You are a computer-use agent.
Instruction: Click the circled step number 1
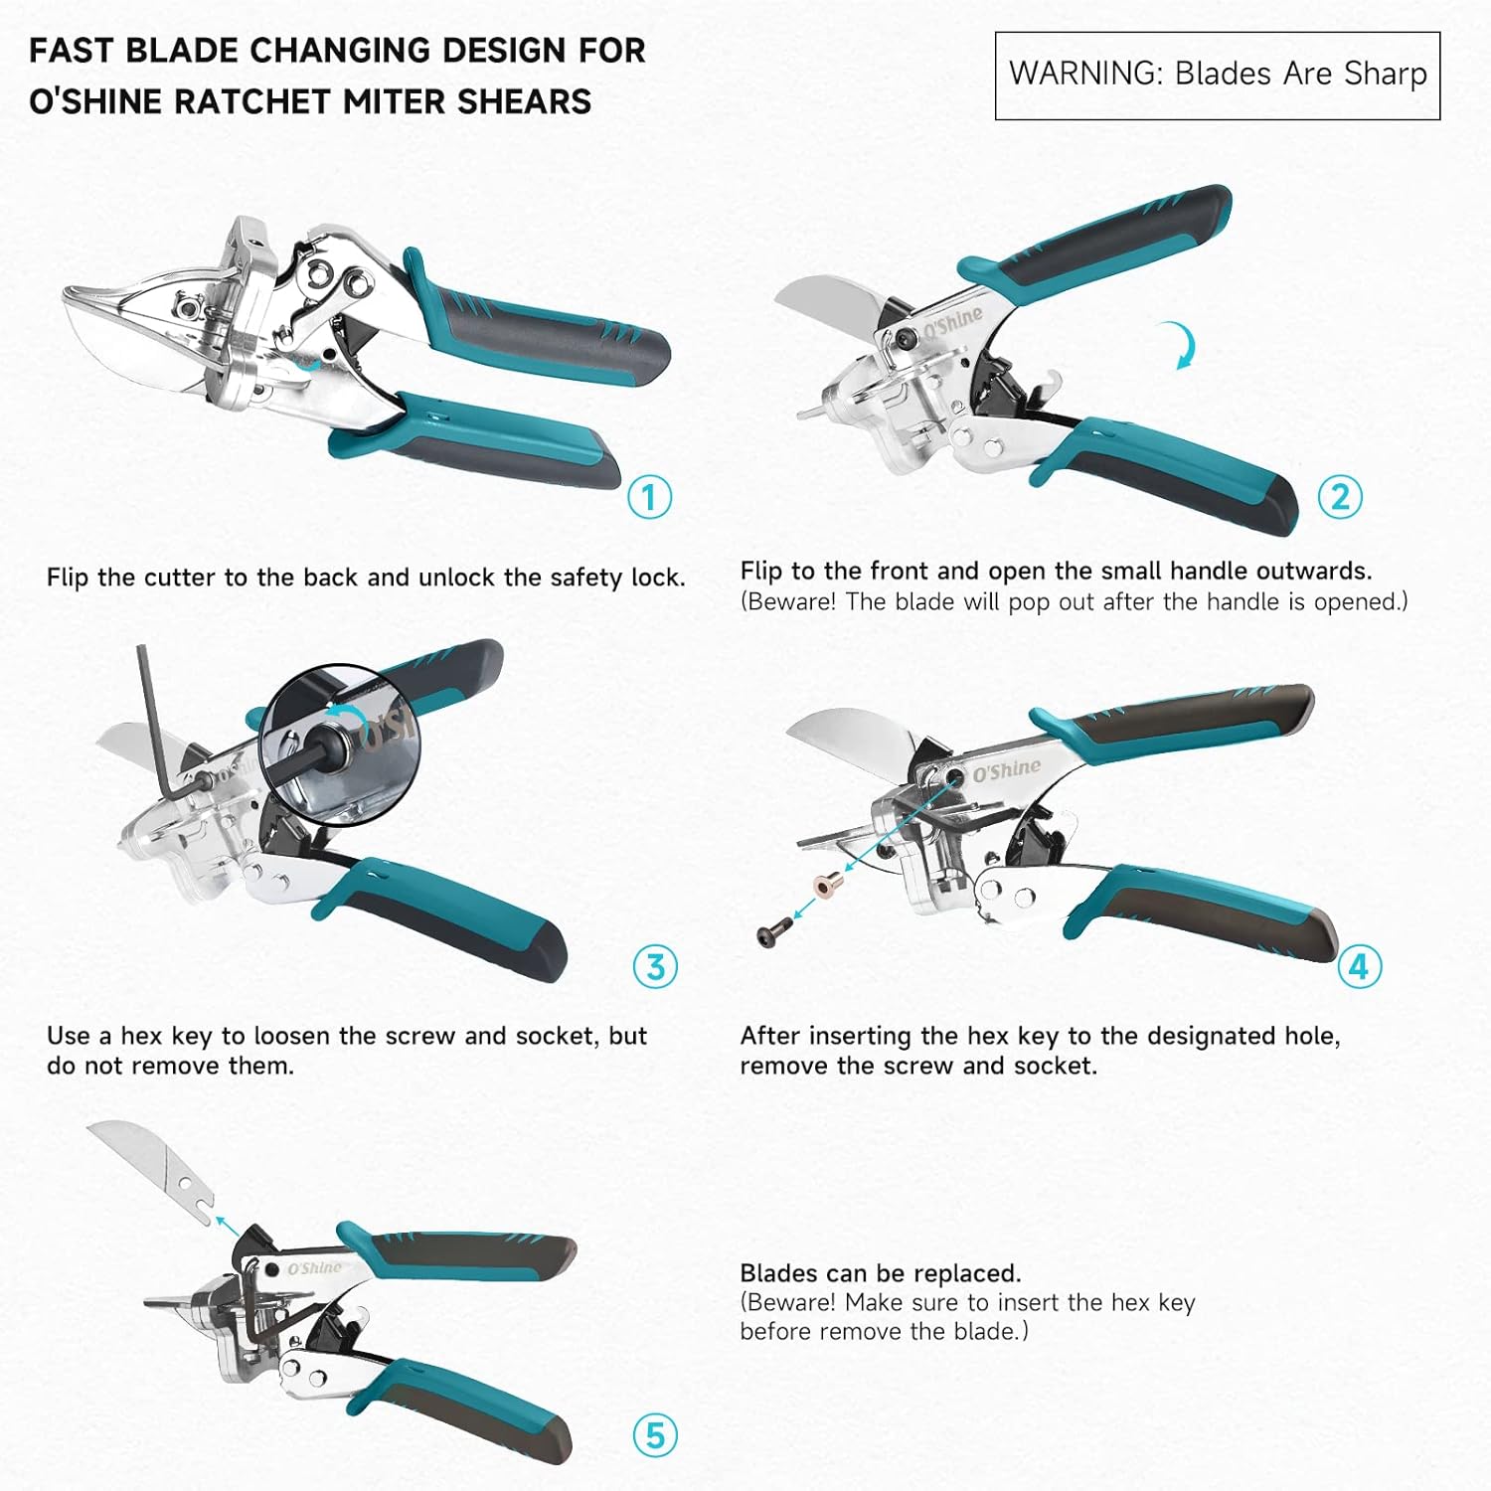649,497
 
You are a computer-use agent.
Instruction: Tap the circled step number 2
1339,497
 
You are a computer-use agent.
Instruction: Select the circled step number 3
655,966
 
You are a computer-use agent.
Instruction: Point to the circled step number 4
1359,966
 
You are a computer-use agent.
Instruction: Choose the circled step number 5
655,1435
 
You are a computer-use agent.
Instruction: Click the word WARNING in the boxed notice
1084,75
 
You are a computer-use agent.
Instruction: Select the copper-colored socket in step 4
826,883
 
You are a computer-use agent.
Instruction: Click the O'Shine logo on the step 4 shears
1006,770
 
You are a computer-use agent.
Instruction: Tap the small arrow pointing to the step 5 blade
229,1225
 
